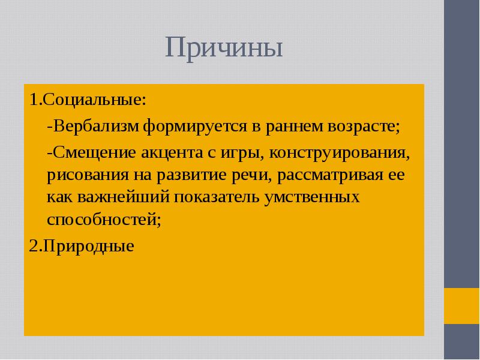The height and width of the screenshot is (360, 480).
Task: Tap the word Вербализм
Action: tap(96, 127)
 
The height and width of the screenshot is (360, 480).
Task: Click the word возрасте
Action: tap(361, 127)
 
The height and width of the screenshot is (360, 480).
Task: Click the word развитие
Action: tap(181, 176)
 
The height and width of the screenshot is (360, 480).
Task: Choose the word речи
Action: tap(235, 176)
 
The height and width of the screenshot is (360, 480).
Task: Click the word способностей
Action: tap(104, 220)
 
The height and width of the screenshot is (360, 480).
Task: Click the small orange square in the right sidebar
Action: tap(461, 305)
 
